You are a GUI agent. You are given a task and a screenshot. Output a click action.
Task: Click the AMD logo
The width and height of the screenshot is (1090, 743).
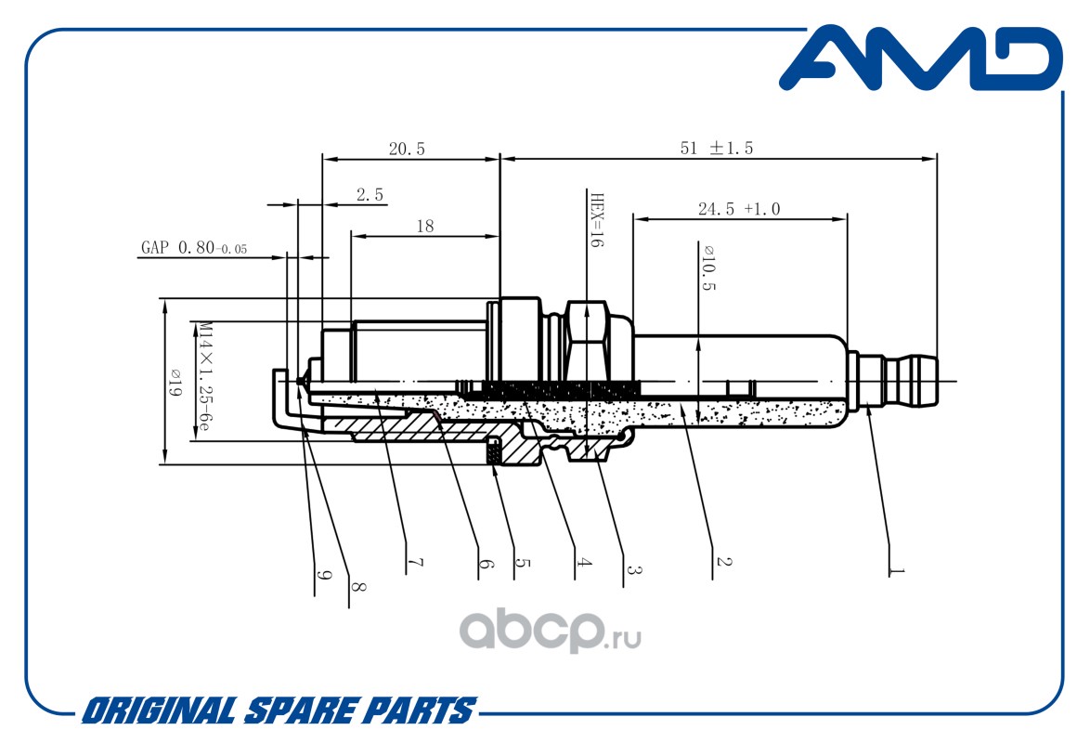(920, 59)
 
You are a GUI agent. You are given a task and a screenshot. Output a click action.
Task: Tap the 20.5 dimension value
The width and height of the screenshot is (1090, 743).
(407, 149)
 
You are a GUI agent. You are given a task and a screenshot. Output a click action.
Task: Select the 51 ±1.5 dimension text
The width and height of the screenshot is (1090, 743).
(717, 149)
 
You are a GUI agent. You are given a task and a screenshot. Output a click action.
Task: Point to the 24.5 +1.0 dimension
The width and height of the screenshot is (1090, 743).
(739, 209)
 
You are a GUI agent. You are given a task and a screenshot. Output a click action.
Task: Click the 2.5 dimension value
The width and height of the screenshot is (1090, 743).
(370, 195)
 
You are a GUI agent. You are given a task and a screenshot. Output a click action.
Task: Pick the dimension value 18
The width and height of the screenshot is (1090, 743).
(424, 226)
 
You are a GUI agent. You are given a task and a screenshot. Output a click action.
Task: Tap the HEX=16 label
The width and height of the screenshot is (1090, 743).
(596, 220)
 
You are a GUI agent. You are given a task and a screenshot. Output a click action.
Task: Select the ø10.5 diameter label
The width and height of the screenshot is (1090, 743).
(708, 267)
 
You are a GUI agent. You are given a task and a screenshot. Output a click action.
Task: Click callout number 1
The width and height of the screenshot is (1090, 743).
(896, 571)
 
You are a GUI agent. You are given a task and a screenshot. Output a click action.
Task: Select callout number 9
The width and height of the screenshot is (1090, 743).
(323, 576)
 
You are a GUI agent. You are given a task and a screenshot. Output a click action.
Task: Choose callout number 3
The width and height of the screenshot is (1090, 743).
(633, 569)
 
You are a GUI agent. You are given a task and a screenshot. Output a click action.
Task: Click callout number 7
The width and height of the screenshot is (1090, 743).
(415, 562)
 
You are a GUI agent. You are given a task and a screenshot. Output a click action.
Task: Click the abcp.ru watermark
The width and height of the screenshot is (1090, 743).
(550, 631)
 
